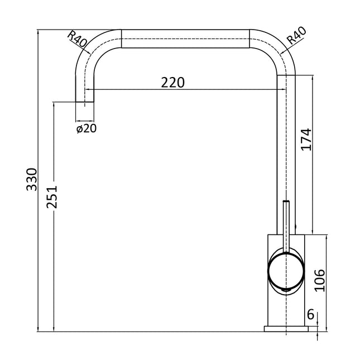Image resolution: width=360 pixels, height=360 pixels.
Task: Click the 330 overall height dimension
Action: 31,179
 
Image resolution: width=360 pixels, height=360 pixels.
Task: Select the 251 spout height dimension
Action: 52,197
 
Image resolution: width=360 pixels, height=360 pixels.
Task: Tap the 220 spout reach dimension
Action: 172,83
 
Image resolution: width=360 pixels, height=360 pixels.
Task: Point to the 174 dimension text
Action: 306,140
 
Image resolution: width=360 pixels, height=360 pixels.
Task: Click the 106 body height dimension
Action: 320,280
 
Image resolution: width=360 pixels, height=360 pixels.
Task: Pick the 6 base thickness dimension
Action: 310,314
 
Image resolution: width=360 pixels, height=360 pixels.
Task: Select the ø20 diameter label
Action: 87,128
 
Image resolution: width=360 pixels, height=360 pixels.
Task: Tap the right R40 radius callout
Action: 296,36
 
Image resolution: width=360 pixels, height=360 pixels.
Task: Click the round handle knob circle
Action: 286,271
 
